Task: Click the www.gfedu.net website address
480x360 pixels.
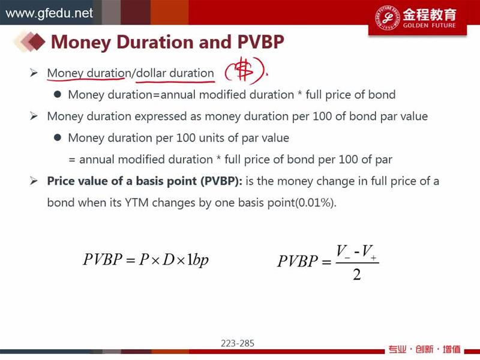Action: (49, 13)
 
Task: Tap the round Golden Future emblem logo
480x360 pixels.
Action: (387, 17)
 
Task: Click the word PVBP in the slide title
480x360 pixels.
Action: (261, 41)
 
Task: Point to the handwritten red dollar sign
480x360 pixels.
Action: (245, 71)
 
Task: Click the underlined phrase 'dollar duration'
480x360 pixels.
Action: (175, 73)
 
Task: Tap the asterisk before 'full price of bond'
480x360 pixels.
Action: (300, 94)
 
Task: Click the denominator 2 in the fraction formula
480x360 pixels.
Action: (356, 274)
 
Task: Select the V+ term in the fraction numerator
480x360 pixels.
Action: (368, 252)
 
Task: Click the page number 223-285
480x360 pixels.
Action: (238, 343)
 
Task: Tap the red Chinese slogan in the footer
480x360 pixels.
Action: (424, 349)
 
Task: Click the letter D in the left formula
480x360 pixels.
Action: (169, 259)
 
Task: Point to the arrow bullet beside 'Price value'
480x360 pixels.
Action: (34, 181)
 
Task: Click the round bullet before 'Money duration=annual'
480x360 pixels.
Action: (57, 94)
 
